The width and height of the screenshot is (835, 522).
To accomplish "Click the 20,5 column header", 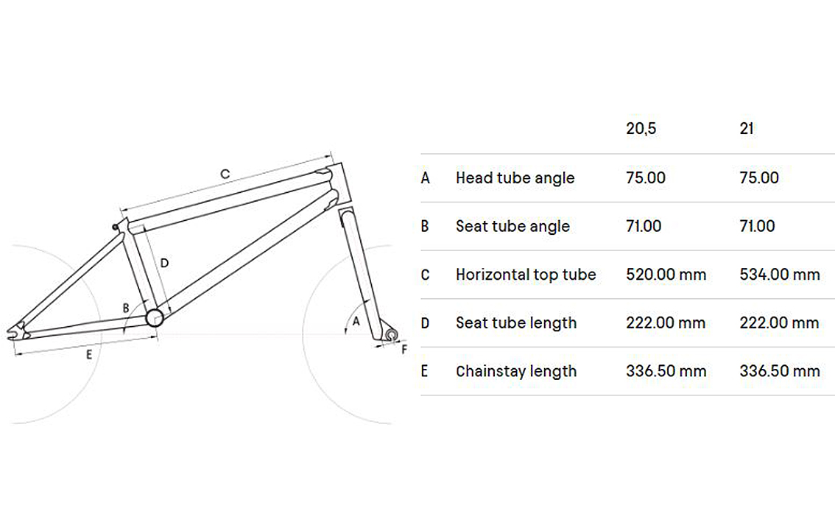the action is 641,129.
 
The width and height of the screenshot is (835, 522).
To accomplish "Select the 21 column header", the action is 747,129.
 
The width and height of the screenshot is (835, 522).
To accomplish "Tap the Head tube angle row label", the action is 515,178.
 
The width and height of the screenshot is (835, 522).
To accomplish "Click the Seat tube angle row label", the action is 512,226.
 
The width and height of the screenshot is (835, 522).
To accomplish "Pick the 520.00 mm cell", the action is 666,275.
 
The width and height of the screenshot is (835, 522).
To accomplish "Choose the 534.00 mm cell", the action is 780,275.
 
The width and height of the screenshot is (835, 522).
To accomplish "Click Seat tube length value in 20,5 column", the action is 666,322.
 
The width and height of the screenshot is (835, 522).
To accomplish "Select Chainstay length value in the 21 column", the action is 780,371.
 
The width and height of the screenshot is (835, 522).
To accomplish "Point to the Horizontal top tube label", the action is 526,275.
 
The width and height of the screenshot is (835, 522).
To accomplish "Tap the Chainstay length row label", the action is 516,371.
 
